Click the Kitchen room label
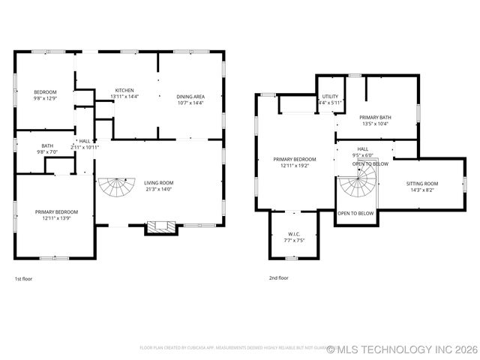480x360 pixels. pyautogui.click(x=124, y=90)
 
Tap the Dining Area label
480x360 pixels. pyautogui.click(x=190, y=96)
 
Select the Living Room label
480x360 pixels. pyautogui.click(x=158, y=183)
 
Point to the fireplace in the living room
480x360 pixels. pyautogui.click(x=158, y=227)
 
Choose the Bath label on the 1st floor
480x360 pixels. pyautogui.click(x=47, y=146)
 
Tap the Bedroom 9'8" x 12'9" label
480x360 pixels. pyautogui.click(x=45, y=92)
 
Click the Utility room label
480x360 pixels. pyautogui.click(x=329, y=97)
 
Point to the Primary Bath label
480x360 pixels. pyautogui.click(x=376, y=118)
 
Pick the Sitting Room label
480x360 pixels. pyautogui.click(x=421, y=184)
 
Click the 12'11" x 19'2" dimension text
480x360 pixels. pyautogui.click(x=294, y=166)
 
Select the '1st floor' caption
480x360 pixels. pyautogui.click(x=23, y=278)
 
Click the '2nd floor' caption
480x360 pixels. pyautogui.click(x=278, y=277)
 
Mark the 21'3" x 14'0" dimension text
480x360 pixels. pyautogui.click(x=158, y=189)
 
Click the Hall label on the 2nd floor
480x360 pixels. pyautogui.click(x=362, y=149)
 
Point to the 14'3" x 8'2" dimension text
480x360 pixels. pyautogui.click(x=421, y=190)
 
